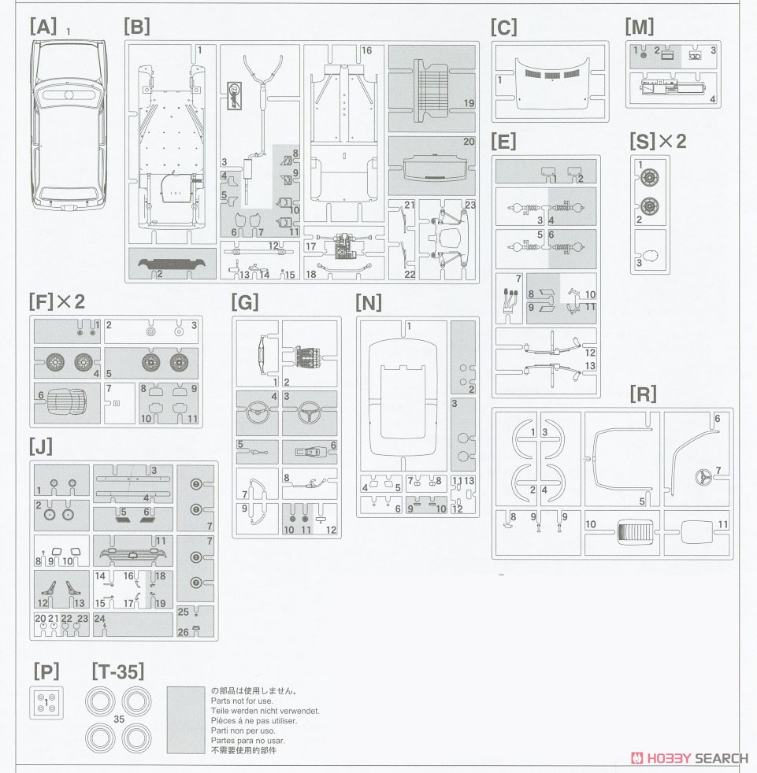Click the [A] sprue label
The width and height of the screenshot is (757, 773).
pyautogui.click(x=43, y=27)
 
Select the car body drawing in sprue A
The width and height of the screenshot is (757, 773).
pyautogui.click(x=69, y=126)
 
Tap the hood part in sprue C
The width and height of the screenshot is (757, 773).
pyautogui.click(x=551, y=83)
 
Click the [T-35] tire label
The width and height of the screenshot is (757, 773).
pyautogui.click(x=118, y=671)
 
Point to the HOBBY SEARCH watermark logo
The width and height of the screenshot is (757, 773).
pyautogui.click(x=690, y=758)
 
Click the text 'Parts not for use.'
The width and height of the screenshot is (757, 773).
pyautogui.click(x=242, y=701)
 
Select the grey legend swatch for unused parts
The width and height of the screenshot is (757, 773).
pyautogui.click(x=186, y=719)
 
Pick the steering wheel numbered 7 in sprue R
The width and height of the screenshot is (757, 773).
pyautogui.click(x=701, y=477)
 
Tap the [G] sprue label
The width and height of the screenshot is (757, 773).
pyautogui.click(x=245, y=302)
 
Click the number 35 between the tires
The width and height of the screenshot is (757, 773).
pyautogui.click(x=118, y=719)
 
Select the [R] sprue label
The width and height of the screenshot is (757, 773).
pyautogui.click(x=643, y=394)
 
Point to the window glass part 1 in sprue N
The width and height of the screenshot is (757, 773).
pyautogui.click(x=403, y=396)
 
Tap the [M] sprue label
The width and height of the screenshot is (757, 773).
pyautogui.click(x=640, y=27)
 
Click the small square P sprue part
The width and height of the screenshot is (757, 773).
pyautogui.click(x=46, y=702)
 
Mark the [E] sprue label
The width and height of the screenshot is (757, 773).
pyautogui.click(x=503, y=142)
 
